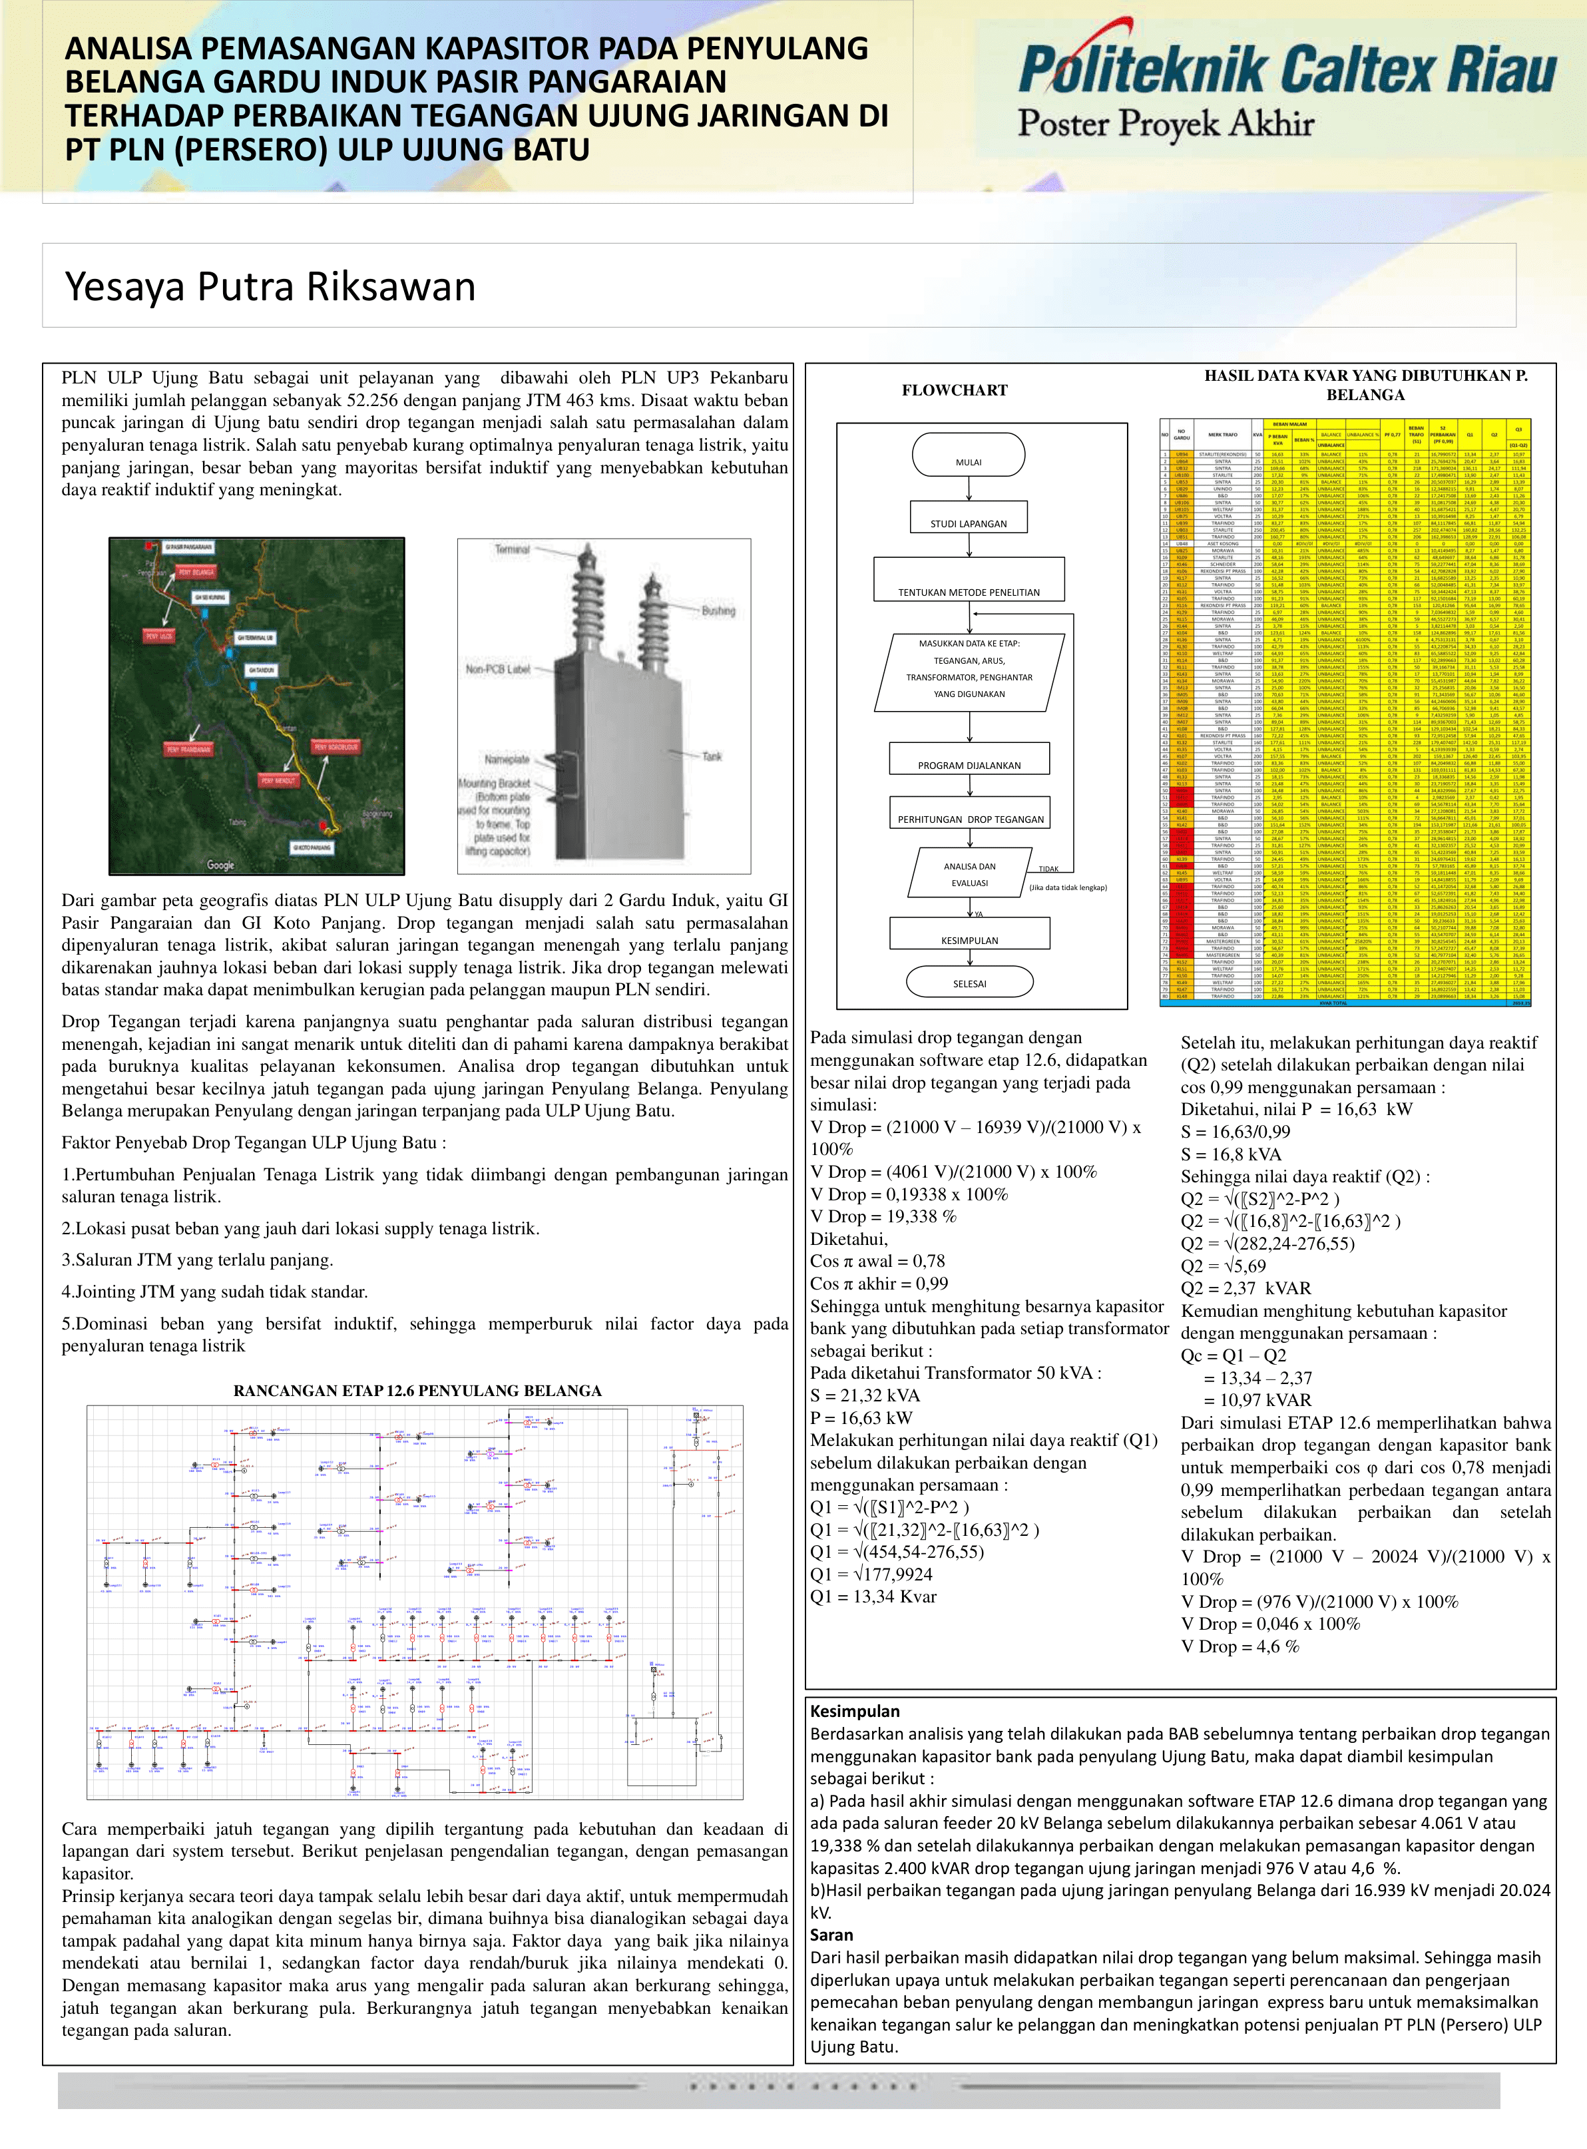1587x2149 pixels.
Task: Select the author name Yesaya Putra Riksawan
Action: tap(270, 287)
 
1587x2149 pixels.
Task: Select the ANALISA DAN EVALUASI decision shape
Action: tap(969, 874)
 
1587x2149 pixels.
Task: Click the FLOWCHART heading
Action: tap(954, 390)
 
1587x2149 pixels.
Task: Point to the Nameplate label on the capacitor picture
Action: tap(507, 759)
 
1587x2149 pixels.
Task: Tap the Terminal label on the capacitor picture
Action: tap(512, 549)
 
